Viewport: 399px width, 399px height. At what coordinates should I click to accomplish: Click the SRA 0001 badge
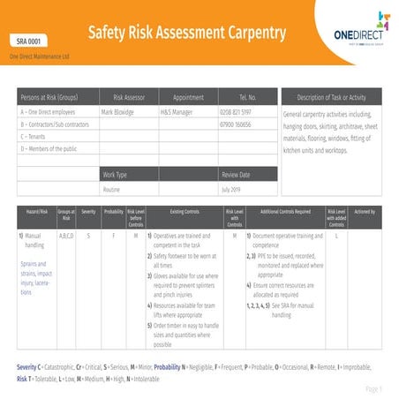(30, 41)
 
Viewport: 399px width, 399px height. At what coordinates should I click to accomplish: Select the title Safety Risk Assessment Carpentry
(186, 34)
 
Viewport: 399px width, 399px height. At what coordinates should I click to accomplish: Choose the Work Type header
(116, 175)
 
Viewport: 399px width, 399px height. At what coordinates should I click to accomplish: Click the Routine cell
(112, 189)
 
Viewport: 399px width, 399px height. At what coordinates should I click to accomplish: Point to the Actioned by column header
(365, 213)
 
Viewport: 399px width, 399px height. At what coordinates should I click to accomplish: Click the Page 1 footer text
(373, 388)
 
